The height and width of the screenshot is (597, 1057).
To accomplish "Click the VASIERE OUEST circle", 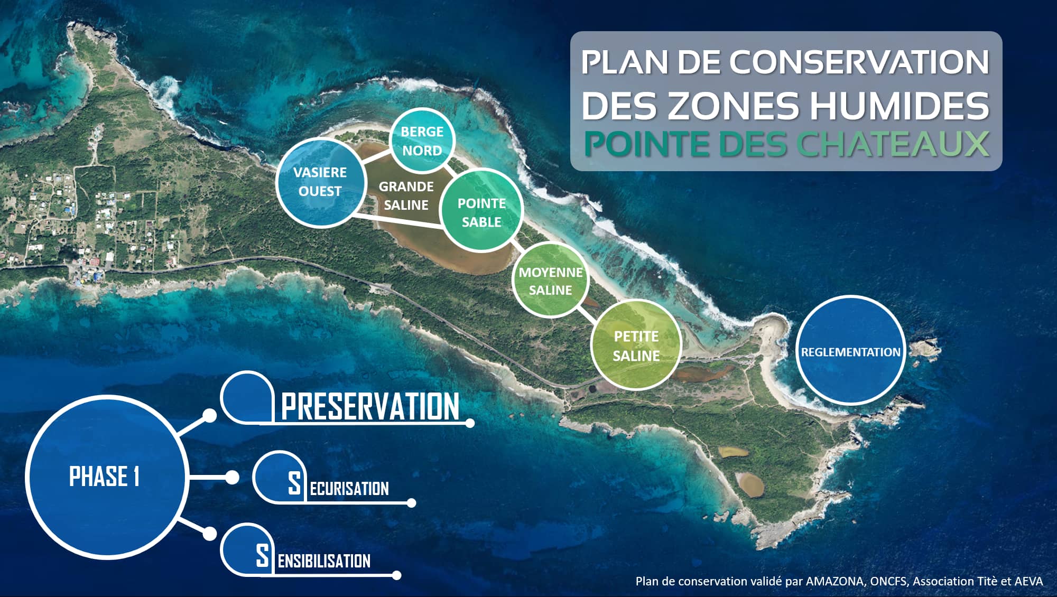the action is click(x=321, y=182).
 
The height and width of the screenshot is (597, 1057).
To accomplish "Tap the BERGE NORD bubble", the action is click(x=422, y=141).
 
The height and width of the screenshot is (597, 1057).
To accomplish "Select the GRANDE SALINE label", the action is click(x=406, y=195).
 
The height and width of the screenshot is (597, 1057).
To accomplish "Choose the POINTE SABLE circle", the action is click(x=481, y=210).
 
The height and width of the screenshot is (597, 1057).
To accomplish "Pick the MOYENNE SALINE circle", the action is click(x=551, y=281).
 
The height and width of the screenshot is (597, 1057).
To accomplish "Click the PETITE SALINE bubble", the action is click(x=636, y=345).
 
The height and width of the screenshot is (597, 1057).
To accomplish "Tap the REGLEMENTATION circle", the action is click(x=850, y=350).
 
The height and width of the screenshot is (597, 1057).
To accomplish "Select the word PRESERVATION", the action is click(x=370, y=406).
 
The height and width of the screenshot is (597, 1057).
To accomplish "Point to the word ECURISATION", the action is click(x=349, y=489).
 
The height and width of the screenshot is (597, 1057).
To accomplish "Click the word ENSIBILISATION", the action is click(x=324, y=561).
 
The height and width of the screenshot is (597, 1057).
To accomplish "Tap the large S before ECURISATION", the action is click(x=294, y=483).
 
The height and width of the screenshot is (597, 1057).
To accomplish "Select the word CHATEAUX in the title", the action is click(x=893, y=144).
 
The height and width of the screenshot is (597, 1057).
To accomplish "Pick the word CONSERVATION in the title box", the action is click(x=859, y=62).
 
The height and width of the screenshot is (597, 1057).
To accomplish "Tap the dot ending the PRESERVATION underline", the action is click(x=470, y=423).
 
